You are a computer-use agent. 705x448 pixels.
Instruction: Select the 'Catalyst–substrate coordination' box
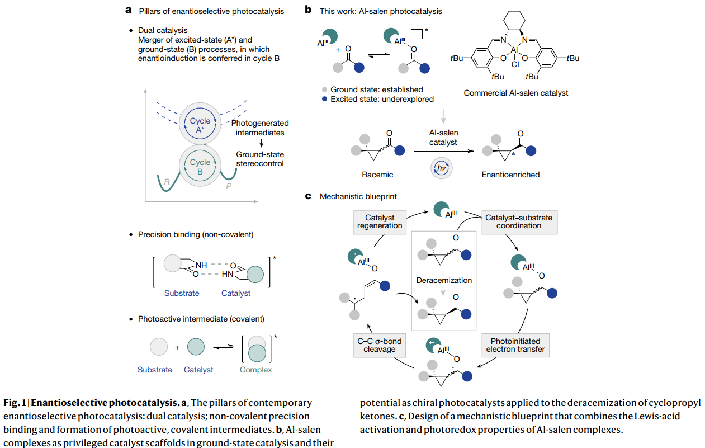518,221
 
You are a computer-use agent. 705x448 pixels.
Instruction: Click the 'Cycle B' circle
200,167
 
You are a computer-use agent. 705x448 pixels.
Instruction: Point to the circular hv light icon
442,168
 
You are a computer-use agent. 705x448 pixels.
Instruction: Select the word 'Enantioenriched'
510,175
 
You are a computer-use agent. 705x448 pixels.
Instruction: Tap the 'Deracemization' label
443,280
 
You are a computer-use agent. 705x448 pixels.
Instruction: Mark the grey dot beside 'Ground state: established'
324,89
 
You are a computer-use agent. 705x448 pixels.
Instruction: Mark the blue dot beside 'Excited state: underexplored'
324,99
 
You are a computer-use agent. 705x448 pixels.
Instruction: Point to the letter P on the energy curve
229,185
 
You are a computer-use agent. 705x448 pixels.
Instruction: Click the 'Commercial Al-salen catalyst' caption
515,93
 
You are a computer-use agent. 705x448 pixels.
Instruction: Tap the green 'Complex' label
255,370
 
